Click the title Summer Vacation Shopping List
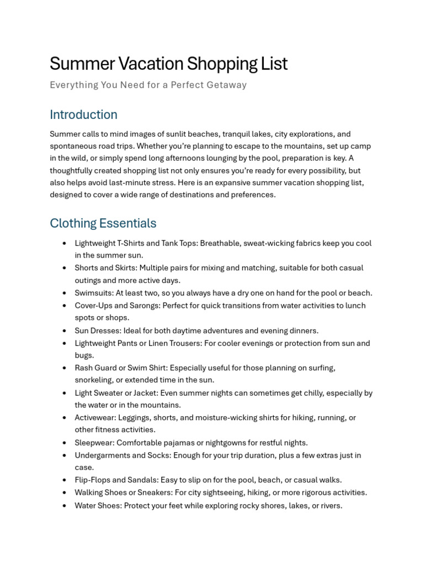point(168,64)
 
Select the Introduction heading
point(83,114)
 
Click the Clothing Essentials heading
point(103,223)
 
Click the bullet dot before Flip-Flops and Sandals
point(65,480)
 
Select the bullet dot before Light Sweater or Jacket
point(65,393)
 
